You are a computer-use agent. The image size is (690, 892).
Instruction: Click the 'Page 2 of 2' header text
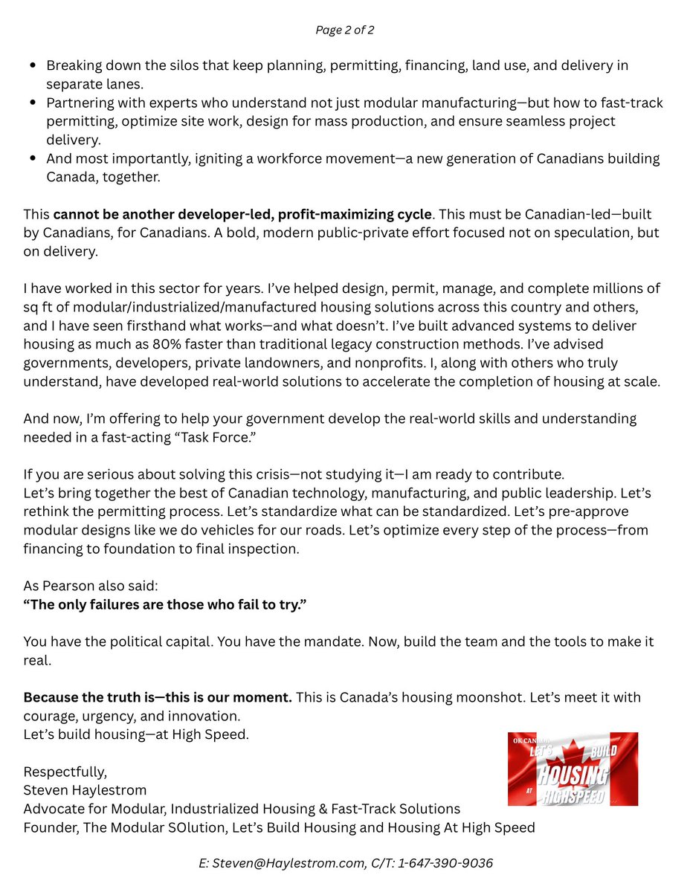point(344,30)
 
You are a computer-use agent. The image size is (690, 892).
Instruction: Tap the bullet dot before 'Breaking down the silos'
point(33,65)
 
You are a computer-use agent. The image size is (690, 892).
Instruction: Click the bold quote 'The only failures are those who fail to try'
point(165,604)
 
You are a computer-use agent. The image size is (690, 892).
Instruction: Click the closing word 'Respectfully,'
point(65,771)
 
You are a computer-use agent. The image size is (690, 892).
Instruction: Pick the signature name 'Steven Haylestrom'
point(86,789)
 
